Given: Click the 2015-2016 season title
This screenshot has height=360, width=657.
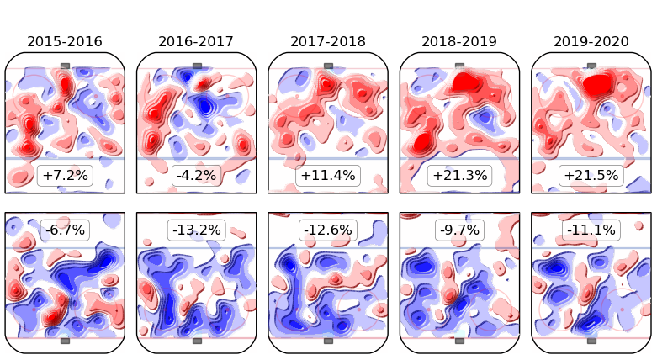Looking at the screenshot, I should pos(65,41).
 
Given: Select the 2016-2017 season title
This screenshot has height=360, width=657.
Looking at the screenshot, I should pos(196,41).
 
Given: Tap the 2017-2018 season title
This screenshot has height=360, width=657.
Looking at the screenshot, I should pos(328,41).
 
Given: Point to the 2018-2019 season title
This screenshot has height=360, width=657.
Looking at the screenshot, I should pos(459,41).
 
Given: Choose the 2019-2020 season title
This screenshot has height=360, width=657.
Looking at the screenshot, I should pos(591,41).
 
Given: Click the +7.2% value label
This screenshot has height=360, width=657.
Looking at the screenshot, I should pos(65,176).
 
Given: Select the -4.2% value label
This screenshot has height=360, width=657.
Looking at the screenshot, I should pos(196,176).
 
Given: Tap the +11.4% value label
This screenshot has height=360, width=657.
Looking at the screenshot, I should pos(328,176).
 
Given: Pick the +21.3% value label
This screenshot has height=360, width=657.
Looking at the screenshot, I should pos(459,176).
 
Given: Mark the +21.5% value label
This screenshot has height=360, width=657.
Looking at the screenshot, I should pos(591,176).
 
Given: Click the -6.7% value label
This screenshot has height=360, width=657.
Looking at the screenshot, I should pos(65,230).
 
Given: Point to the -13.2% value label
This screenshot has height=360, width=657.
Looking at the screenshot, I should pos(196,230).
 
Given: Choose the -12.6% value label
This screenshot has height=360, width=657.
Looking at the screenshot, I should pos(328,230).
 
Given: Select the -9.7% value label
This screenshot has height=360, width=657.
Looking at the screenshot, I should pos(459,230).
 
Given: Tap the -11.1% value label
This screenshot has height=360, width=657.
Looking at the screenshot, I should pos(591,230).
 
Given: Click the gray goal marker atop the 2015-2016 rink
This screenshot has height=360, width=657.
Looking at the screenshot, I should pos(65,66).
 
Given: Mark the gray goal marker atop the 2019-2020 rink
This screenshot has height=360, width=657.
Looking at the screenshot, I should pos(591,66).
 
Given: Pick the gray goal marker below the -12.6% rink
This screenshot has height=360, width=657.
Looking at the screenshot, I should pos(328,341).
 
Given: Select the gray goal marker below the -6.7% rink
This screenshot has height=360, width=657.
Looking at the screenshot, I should pos(65,341).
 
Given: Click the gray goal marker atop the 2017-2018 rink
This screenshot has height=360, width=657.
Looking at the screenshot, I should pos(328,66).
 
